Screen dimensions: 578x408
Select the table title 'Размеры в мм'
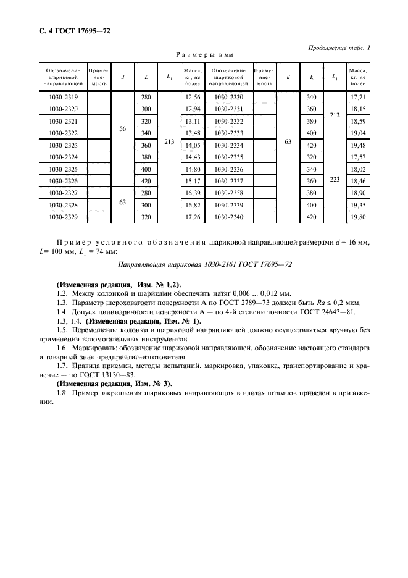[x=204, y=56]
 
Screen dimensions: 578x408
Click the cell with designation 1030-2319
[x=63, y=98]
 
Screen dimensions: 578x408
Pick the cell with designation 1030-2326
[x=63, y=182]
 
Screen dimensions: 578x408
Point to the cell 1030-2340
[x=228, y=217]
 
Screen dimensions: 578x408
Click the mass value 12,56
[x=193, y=98]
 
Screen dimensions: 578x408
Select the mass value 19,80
[x=357, y=217]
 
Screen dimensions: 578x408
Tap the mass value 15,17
[x=193, y=182]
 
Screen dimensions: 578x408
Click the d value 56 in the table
[x=122, y=128]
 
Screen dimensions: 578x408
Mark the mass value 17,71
[x=357, y=98]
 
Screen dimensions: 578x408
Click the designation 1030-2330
[x=228, y=98]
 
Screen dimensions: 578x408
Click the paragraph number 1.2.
[x=62, y=293]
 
